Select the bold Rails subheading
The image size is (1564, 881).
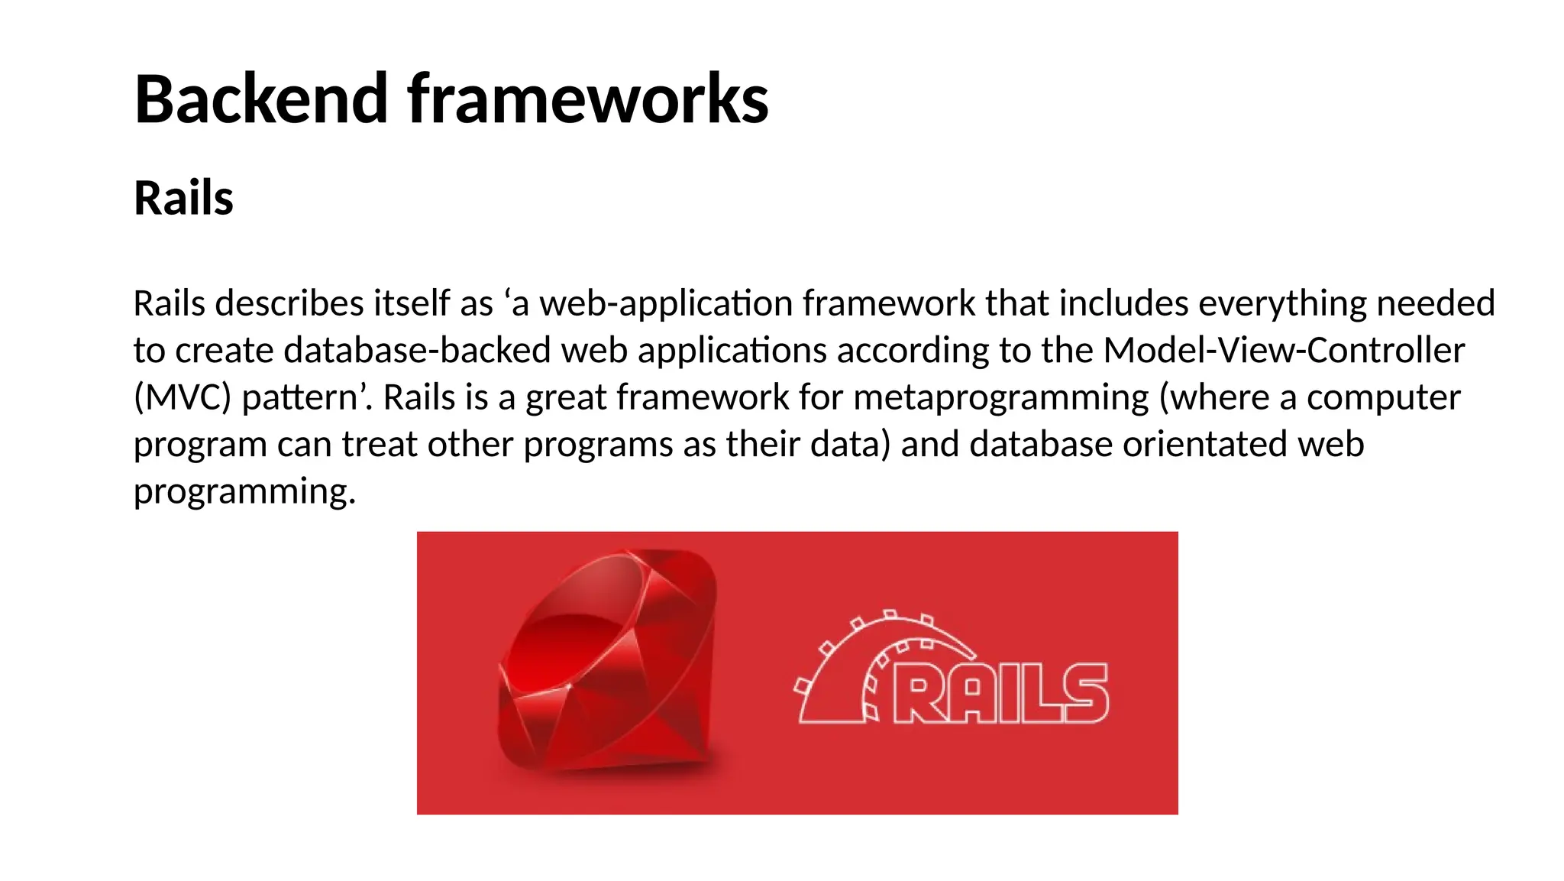point(183,198)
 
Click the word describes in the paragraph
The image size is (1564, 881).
point(289,303)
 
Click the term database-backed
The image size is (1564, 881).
point(417,350)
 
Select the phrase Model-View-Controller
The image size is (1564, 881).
point(1284,350)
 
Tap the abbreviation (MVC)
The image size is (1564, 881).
point(182,397)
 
